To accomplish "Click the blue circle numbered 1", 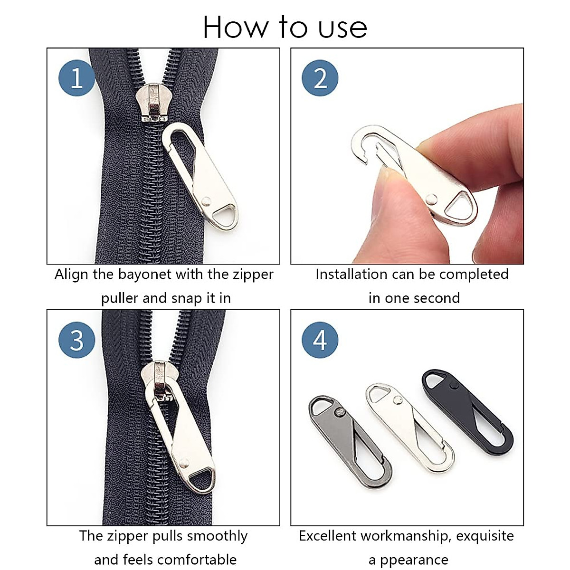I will coord(77,78).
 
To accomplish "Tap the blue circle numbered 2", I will coord(320,78).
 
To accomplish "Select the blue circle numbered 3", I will coord(77,340).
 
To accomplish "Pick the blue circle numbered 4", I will coord(320,340).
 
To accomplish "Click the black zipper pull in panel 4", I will coord(468,411).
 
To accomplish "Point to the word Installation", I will coord(351,275).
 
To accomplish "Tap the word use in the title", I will coord(342,28).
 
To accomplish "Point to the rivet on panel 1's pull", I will coord(206,201).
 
